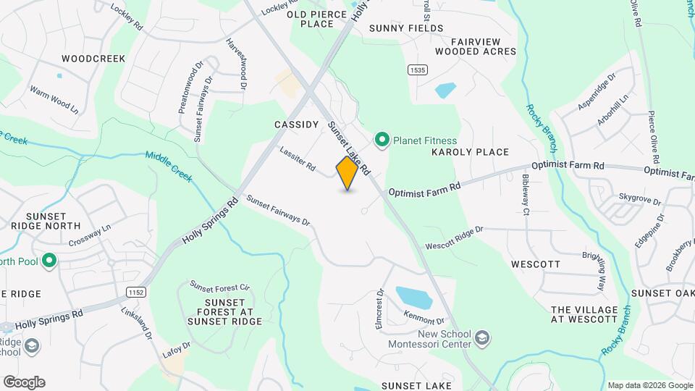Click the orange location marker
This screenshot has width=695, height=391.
[x=347, y=173]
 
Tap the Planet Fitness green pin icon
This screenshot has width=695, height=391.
[x=381, y=140]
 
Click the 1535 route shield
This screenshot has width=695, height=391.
[x=416, y=70]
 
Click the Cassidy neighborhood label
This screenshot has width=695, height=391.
[x=297, y=125]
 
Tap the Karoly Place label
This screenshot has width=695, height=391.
[x=470, y=152]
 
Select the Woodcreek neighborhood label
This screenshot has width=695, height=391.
[x=93, y=58]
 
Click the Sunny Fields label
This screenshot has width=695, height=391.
[x=405, y=28]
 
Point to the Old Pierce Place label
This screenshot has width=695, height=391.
[x=311, y=19]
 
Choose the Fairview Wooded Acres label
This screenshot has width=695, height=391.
[x=476, y=46]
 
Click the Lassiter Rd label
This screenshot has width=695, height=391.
[x=298, y=158]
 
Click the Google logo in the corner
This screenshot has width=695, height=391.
[x=24, y=382]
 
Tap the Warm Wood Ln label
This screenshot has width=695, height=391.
[x=54, y=99]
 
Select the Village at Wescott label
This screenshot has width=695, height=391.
[x=584, y=314]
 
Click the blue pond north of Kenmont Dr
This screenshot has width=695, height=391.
[x=414, y=297]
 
